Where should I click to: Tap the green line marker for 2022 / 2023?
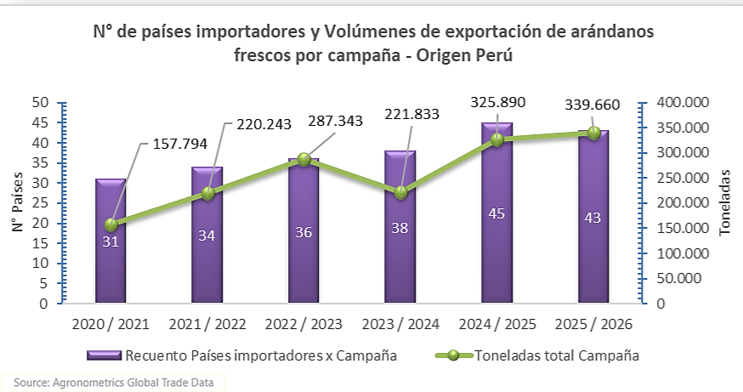(x=303, y=159)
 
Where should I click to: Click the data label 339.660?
(x=592, y=106)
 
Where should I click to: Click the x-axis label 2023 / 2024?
(x=400, y=325)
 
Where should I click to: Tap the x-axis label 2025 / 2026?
(x=593, y=325)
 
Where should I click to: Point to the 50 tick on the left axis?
(x=39, y=103)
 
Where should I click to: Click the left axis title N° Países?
(x=18, y=202)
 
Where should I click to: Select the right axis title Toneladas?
(x=724, y=202)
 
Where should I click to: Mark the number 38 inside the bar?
(x=400, y=228)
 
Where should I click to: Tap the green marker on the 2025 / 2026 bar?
(x=593, y=133)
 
